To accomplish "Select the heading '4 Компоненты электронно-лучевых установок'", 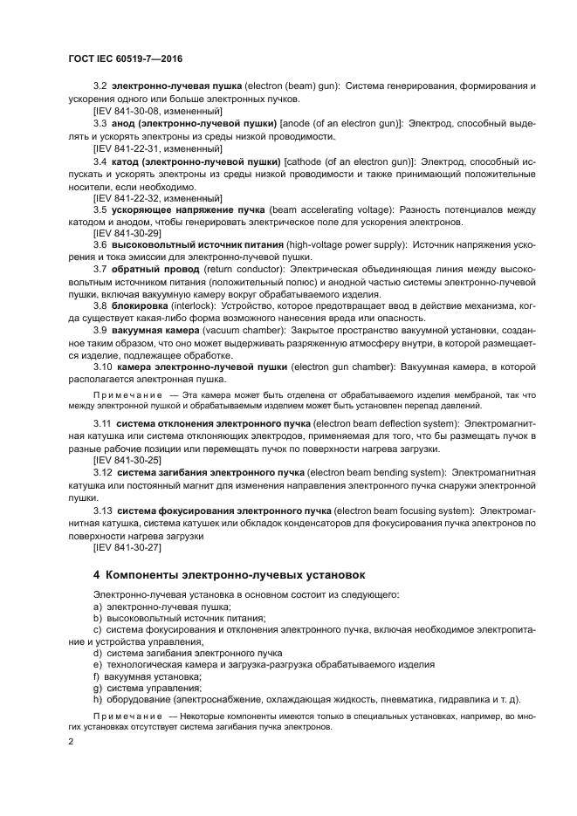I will (230, 575).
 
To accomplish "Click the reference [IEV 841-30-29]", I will (127, 234).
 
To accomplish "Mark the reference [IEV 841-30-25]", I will (127, 458).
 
